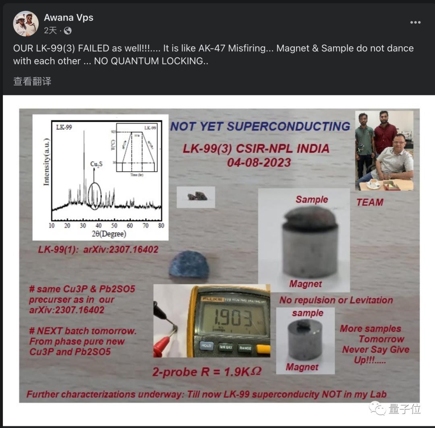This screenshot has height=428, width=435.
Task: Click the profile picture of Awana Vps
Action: (26, 24)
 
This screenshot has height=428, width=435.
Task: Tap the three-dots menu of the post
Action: (415, 22)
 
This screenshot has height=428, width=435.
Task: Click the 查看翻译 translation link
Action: (32, 81)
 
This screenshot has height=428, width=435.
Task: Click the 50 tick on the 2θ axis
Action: (114, 225)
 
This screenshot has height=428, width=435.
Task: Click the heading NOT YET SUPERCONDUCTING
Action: (260, 126)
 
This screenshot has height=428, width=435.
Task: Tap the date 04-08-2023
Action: (259, 162)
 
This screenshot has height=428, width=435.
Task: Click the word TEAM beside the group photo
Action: (370, 202)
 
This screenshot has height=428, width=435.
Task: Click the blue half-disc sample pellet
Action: (189, 265)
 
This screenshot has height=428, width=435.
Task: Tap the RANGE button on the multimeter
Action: (245, 347)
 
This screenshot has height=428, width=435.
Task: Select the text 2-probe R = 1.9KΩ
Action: (207, 371)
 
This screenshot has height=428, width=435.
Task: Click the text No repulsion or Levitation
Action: (336, 300)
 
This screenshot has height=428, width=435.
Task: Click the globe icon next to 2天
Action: (68, 31)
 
